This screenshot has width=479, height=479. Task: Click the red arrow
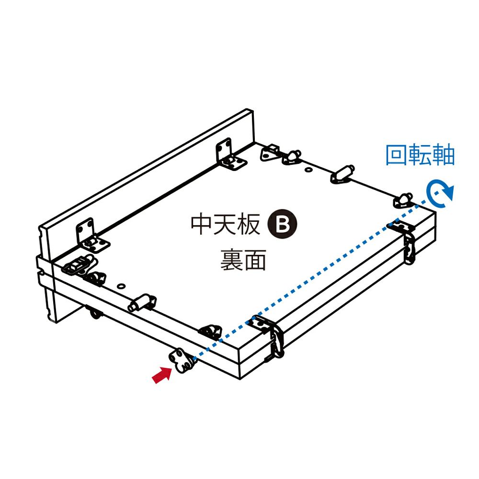pos(161,374)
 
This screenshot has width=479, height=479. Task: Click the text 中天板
pos(225,224)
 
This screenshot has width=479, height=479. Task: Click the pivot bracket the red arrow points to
pos(181,360)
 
